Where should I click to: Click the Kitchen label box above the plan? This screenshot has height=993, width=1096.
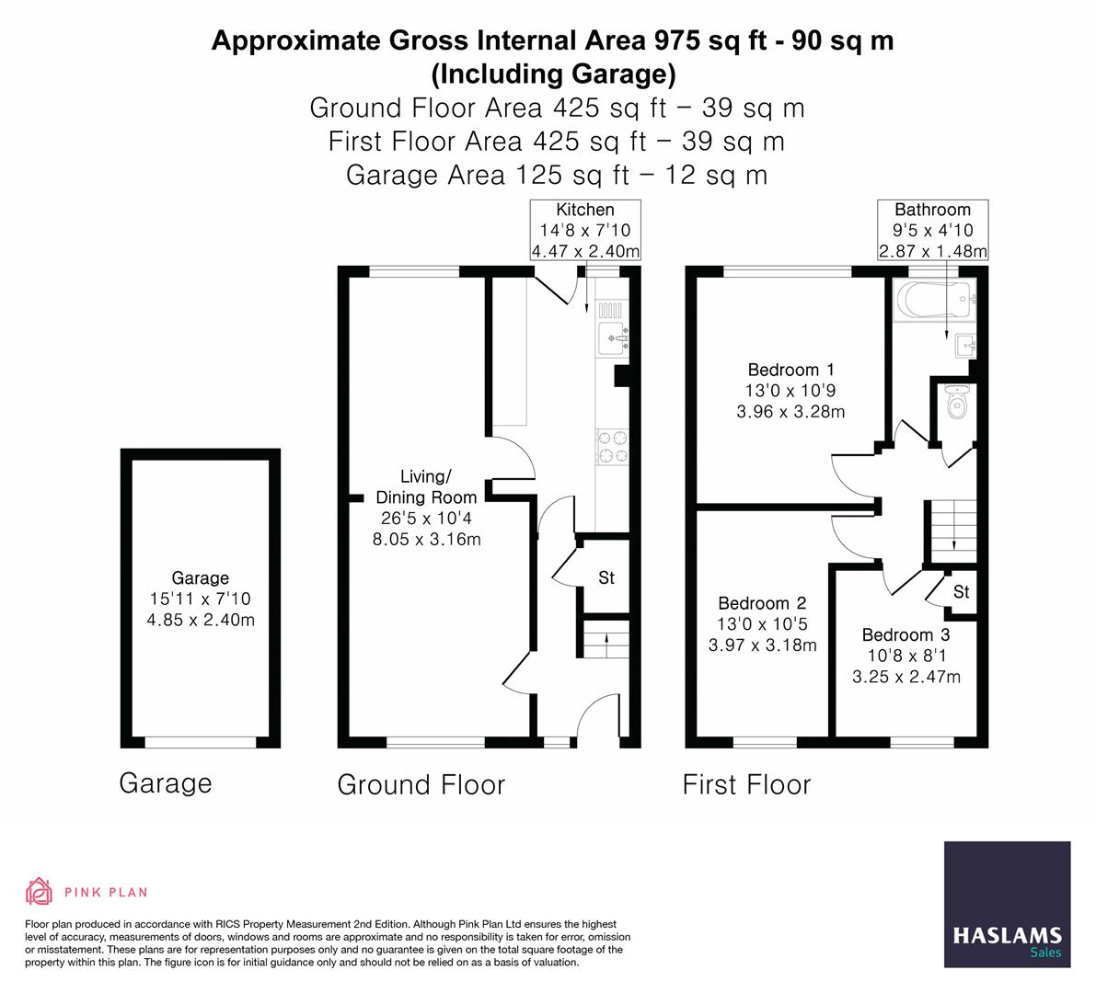pyautogui.click(x=585, y=230)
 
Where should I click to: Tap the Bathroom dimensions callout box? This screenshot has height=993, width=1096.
pyautogui.click(x=932, y=230)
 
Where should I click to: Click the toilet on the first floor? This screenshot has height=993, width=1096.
pyautogui.click(x=957, y=402)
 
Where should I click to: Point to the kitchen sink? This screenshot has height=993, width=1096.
pyautogui.click(x=612, y=337)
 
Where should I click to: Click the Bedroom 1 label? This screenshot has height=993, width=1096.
pyautogui.click(x=783, y=370)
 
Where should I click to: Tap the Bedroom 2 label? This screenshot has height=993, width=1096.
pyautogui.click(x=762, y=603)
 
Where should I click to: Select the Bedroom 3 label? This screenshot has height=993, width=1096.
pyautogui.click(x=906, y=634)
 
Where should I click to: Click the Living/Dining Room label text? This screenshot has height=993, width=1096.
pyautogui.click(x=426, y=486)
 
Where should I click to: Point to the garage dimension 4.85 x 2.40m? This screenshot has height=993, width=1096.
pyautogui.click(x=201, y=620)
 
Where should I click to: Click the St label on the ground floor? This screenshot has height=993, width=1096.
pyautogui.click(x=606, y=578)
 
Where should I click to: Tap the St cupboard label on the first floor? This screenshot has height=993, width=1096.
pyautogui.click(x=961, y=592)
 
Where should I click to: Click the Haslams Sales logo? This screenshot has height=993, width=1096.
pyautogui.click(x=1008, y=905)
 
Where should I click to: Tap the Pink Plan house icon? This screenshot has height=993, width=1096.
pyautogui.click(x=39, y=891)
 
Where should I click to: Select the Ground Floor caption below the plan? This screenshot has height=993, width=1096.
pyautogui.click(x=421, y=784)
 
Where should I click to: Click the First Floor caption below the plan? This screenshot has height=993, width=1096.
pyautogui.click(x=746, y=784)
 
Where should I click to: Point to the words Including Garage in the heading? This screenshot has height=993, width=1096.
pyautogui.click(x=553, y=73)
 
